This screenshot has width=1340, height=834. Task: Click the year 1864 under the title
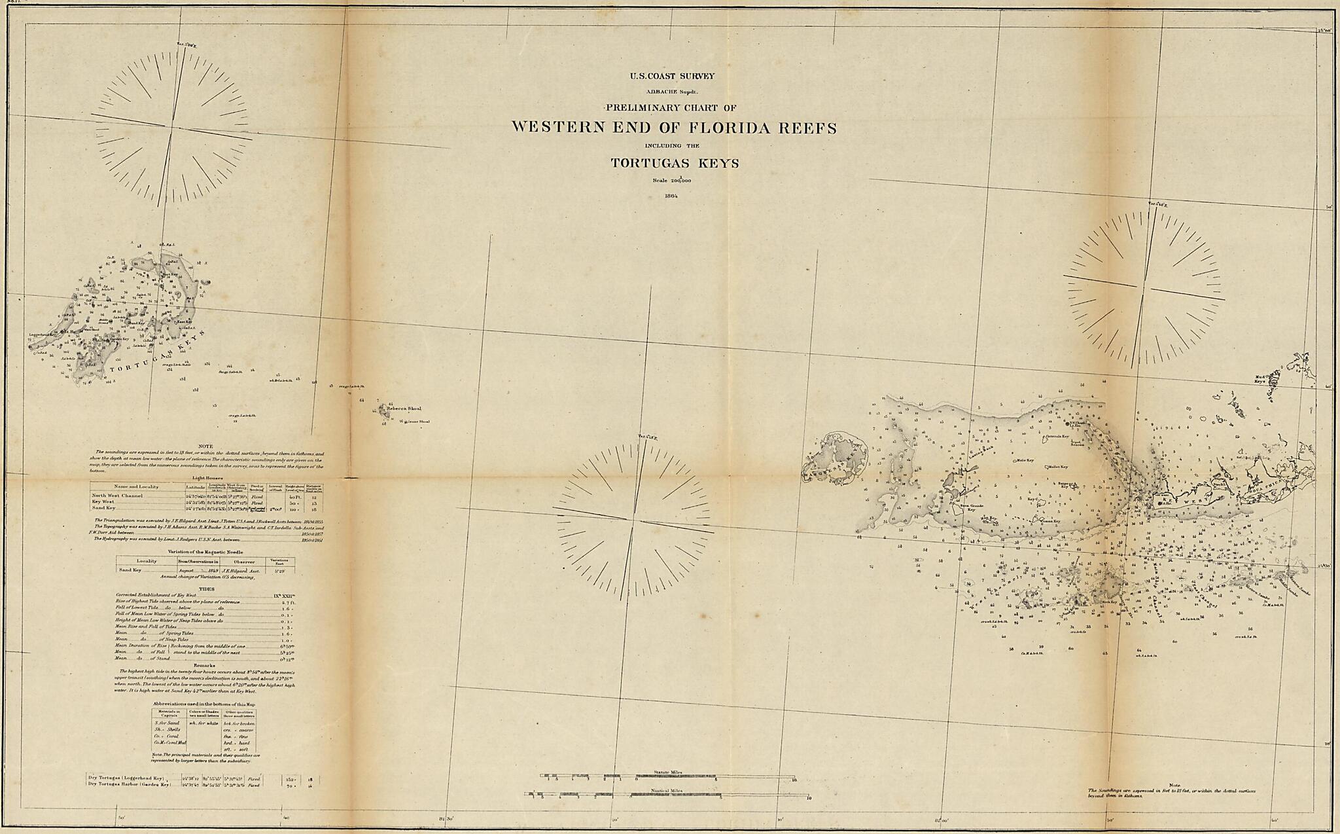tap(670, 195)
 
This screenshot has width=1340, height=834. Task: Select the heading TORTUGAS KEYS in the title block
tap(675, 163)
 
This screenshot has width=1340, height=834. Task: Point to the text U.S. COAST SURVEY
tap(672, 76)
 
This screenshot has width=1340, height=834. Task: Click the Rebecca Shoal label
tap(404, 408)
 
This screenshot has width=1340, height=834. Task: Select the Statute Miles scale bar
tap(667, 776)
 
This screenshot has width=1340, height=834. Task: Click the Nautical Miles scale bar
tap(667, 795)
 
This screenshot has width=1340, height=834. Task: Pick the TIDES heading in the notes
tap(207, 589)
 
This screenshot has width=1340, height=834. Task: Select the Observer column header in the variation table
tap(241, 561)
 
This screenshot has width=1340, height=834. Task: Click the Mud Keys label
tap(1261, 378)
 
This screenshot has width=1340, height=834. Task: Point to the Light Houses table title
tap(206, 479)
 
